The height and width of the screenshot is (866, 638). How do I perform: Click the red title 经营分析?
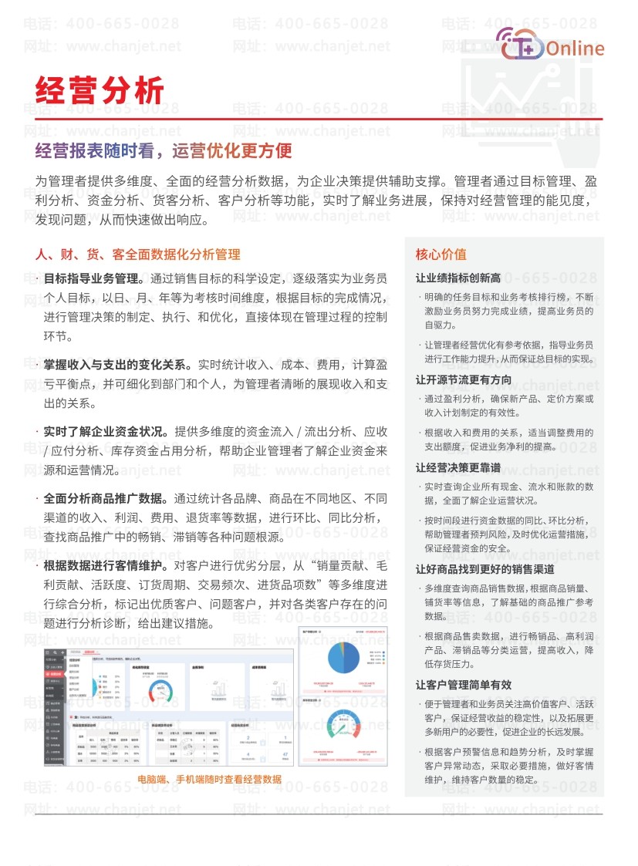click(100, 90)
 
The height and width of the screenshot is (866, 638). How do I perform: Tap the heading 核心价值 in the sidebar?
click(441, 254)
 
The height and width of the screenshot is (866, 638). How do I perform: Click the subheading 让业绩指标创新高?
click(458, 278)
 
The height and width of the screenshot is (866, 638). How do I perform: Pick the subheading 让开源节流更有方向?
click(463, 379)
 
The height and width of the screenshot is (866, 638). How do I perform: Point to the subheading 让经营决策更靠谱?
click(458, 467)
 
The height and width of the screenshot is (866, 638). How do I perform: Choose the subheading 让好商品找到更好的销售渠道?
click(485, 569)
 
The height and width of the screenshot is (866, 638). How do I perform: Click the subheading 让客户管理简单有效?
click(463, 685)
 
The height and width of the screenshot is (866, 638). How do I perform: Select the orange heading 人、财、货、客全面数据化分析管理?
click(138, 254)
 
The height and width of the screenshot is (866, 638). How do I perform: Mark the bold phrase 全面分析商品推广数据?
click(107, 497)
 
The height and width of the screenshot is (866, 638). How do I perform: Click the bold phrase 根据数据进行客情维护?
click(107, 565)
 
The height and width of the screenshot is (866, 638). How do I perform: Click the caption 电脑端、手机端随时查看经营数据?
click(209, 779)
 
